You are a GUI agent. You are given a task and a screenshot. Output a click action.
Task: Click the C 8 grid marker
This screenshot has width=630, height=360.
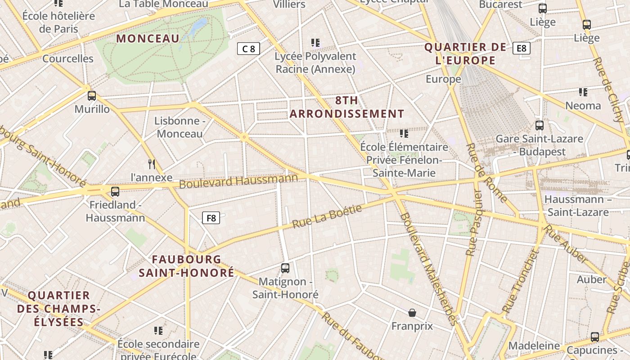point(248,49)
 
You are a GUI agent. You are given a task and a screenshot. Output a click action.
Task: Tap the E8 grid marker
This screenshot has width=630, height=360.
point(521,48)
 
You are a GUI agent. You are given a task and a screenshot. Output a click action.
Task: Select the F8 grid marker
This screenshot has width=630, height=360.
point(211,218)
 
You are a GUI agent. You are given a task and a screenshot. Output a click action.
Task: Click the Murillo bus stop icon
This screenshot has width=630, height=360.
point(92,95)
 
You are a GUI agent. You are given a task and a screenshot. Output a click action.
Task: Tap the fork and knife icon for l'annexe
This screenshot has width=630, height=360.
point(152,164)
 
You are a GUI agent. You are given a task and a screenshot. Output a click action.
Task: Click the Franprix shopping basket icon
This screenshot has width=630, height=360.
point(412,312)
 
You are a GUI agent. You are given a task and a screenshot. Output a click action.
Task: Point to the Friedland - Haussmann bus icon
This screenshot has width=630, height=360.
point(115,192)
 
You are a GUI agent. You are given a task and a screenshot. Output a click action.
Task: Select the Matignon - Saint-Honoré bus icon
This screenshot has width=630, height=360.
point(285,268)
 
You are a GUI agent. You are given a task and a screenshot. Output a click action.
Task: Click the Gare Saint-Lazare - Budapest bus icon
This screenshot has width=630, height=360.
point(539,126)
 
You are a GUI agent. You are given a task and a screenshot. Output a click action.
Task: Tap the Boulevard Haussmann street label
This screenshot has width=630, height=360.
point(238,181)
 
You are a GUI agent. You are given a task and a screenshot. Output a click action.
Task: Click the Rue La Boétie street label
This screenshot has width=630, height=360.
point(327,216)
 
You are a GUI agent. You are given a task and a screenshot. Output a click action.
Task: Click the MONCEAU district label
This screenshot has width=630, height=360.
point(148,39)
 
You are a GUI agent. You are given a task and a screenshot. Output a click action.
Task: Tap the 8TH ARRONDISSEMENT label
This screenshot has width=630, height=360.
point(347,107)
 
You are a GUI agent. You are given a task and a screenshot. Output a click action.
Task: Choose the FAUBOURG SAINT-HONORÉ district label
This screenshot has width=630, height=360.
point(186,266)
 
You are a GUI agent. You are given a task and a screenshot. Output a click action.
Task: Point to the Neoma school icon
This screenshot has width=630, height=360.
point(583,92)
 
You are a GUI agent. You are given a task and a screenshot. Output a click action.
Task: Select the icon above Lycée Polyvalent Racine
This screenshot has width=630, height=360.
point(315,43)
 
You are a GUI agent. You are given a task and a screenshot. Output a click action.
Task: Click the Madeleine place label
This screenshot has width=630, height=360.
point(534,346)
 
